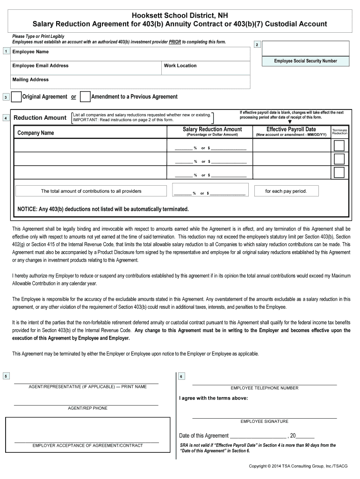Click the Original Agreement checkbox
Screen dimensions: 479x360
coord(16,97)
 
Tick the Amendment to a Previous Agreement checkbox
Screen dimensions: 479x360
coord(85,97)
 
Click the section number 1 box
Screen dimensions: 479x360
coord(5,51)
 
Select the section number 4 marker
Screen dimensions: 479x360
coord(5,118)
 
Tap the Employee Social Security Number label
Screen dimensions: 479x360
coord(305,61)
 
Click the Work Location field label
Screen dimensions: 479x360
coord(180,65)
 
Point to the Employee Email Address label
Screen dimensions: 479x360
coord(40,65)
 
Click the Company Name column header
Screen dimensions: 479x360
coord(36,133)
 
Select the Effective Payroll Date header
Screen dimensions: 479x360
coord(291,129)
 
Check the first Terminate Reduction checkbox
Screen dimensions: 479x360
coord(339,145)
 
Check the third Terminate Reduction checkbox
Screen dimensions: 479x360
coord(339,173)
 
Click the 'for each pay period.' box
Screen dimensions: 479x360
coord(286,191)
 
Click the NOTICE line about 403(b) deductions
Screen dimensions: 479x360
coord(103,209)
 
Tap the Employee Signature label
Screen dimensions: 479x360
coord(264,421)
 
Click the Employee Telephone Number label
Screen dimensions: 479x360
coord(264,388)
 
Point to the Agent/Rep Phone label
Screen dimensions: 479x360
coord(87,408)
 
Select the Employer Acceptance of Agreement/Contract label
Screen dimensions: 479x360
coord(87,445)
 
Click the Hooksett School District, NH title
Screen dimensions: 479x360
coord(180,15)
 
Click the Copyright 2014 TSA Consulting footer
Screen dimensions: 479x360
coord(298,466)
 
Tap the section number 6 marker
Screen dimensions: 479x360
coord(181,377)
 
